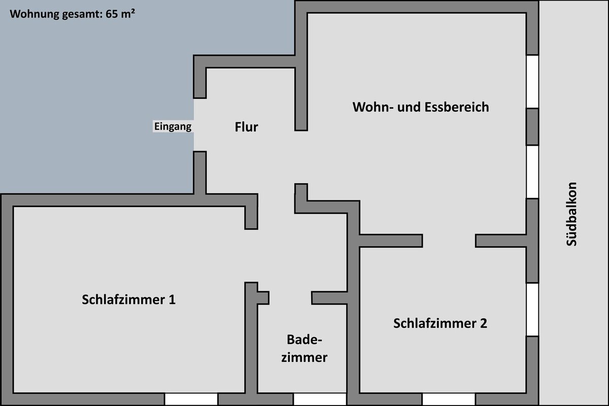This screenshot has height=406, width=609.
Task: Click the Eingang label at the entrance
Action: (173, 126)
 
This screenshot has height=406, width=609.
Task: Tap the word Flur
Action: (246, 127)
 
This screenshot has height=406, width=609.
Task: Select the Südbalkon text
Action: (571, 214)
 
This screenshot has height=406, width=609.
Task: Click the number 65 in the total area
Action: (112, 14)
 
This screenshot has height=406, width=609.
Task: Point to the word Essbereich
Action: (457, 107)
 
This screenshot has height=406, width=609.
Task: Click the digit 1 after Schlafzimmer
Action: (172, 299)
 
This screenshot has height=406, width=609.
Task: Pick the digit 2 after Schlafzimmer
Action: (483, 323)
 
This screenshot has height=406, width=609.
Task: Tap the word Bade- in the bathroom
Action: (304, 340)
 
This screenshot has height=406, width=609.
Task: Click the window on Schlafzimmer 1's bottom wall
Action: (191, 399)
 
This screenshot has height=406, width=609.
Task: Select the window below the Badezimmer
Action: (320, 399)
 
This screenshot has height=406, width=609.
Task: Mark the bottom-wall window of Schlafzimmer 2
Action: (449, 399)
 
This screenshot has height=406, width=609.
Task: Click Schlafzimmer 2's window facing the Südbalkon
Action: (532, 310)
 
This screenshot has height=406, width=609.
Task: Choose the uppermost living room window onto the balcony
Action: (532, 82)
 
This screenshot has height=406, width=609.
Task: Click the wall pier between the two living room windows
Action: (532, 127)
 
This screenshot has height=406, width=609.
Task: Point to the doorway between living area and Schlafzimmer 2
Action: (449, 241)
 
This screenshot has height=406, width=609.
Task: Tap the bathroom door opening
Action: (290, 298)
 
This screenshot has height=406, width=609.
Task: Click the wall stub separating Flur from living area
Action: (301, 99)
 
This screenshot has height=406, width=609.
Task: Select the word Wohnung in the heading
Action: (35, 14)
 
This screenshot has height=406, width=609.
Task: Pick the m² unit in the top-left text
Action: (128, 13)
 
